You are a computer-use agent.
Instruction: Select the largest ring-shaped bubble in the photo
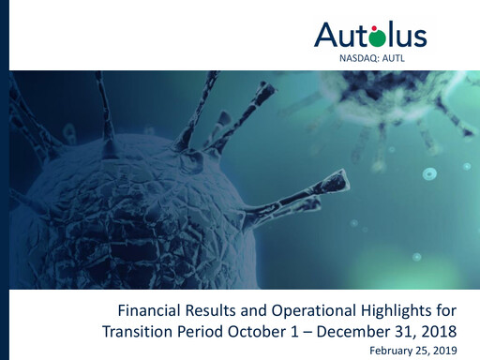pos(428,173)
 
